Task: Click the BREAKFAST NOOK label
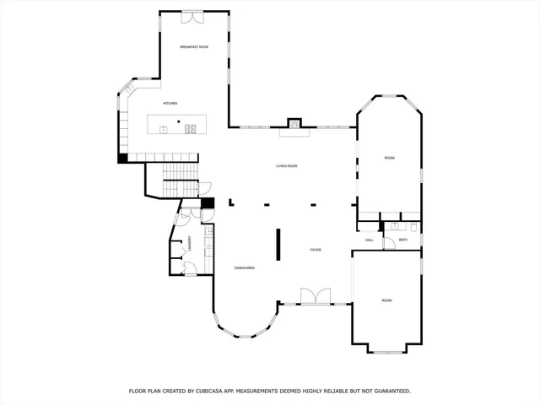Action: coord(194,47)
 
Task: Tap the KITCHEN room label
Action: coord(170,104)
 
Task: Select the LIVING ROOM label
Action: coord(287,166)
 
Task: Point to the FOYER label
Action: coord(316,250)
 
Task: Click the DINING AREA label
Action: coord(245,268)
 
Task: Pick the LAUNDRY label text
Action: coord(191,244)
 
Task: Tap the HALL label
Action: coord(370,240)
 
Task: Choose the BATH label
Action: coord(403,240)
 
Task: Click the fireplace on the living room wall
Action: coord(294,123)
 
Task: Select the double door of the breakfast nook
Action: coord(193,15)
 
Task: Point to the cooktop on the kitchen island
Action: coord(192,128)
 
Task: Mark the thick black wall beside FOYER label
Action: coord(278,245)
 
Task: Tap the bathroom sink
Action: coord(394,226)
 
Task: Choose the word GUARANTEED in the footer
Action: coord(390,391)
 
